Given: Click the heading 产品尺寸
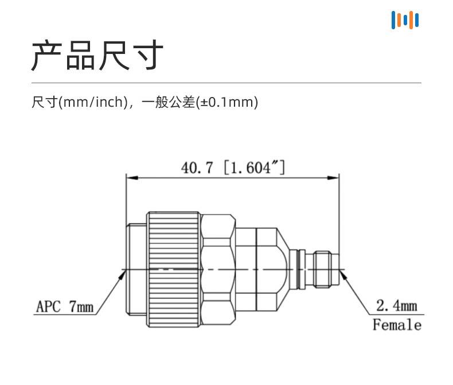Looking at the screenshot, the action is (x=97, y=55).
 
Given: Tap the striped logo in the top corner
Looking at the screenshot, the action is (x=405, y=20).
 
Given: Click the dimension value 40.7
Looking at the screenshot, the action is (x=197, y=168).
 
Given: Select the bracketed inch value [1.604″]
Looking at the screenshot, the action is (x=255, y=168).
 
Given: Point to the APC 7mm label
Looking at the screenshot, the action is (x=64, y=306).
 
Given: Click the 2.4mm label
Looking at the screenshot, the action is (x=397, y=305).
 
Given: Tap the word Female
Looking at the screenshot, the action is (x=397, y=325).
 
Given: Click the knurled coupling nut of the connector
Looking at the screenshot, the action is (x=173, y=269).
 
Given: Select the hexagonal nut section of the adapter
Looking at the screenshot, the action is (x=218, y=269).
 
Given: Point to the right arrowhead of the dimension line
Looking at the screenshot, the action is (x=333, y=177).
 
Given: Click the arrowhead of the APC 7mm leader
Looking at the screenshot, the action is (x=123, y=275).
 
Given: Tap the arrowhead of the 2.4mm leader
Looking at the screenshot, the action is (x=343, y=275).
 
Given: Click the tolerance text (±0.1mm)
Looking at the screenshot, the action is (x=227, y=102).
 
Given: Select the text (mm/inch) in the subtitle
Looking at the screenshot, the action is (x=93, y=102).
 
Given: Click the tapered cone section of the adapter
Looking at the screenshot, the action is (x=283, y=269).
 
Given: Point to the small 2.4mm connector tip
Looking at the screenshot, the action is (x=326, y=269).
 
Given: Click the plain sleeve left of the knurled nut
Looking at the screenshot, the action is (x=136, y=269).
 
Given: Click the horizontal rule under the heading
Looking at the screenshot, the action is (x=226, y=83).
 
